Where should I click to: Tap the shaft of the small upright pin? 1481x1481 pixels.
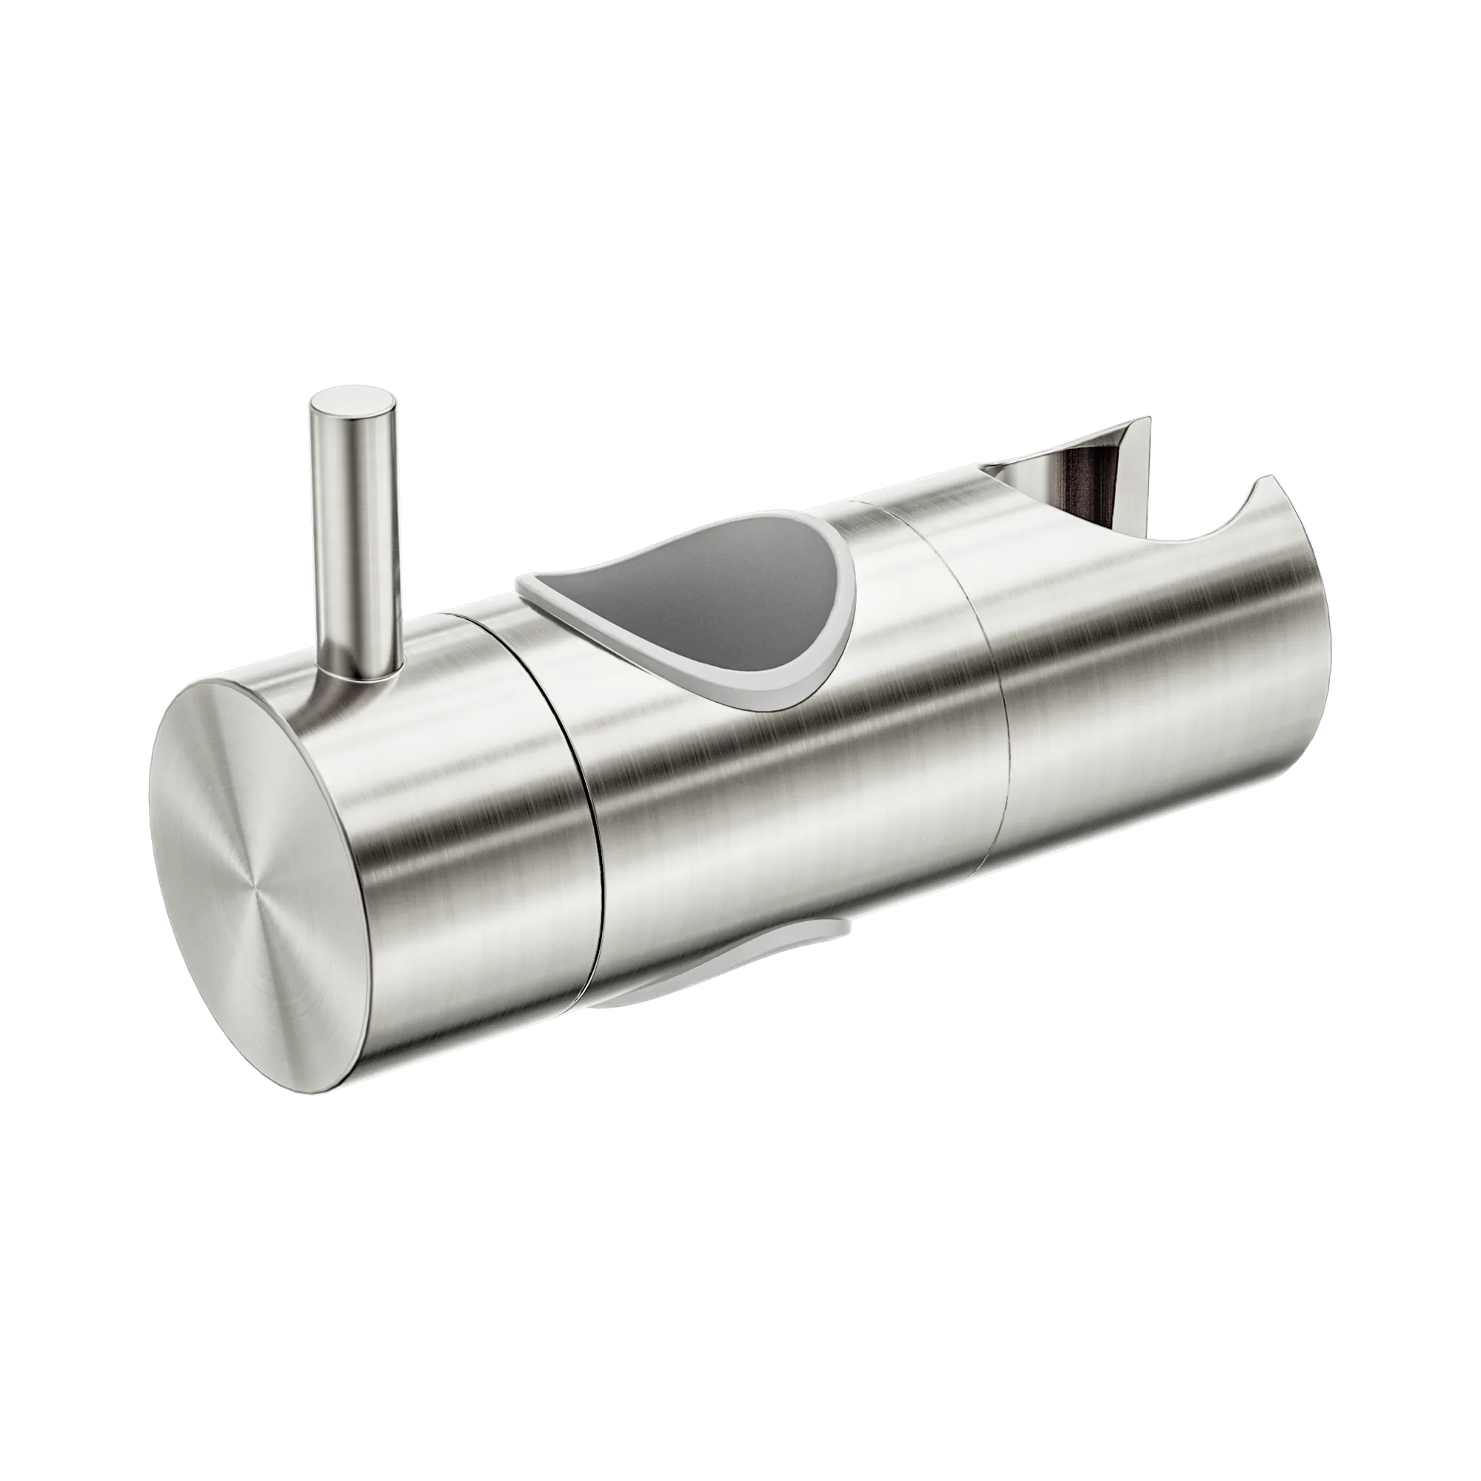click(354, 537)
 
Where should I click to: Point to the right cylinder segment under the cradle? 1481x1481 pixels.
click(1150, 690)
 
